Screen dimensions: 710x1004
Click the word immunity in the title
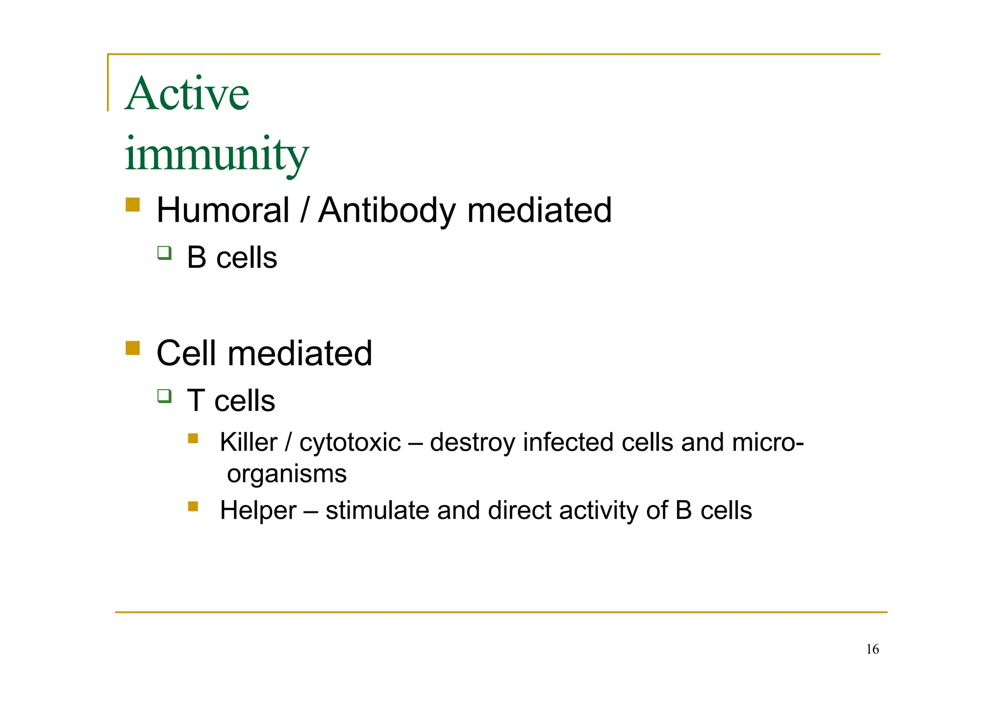216,154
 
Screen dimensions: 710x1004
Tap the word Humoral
223,210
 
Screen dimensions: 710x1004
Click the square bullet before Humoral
132,204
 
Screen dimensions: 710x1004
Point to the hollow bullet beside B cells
164,253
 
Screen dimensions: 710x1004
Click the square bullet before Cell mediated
132,348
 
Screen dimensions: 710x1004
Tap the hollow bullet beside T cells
164,396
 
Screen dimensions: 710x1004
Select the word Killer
248,443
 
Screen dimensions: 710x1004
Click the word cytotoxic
350,443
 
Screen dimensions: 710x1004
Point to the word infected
568,443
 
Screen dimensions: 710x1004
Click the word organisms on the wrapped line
287,474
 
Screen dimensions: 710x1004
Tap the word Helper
258,510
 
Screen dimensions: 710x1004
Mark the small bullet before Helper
193,506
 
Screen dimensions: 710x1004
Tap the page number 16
872,650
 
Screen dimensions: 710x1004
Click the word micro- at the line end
768,443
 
